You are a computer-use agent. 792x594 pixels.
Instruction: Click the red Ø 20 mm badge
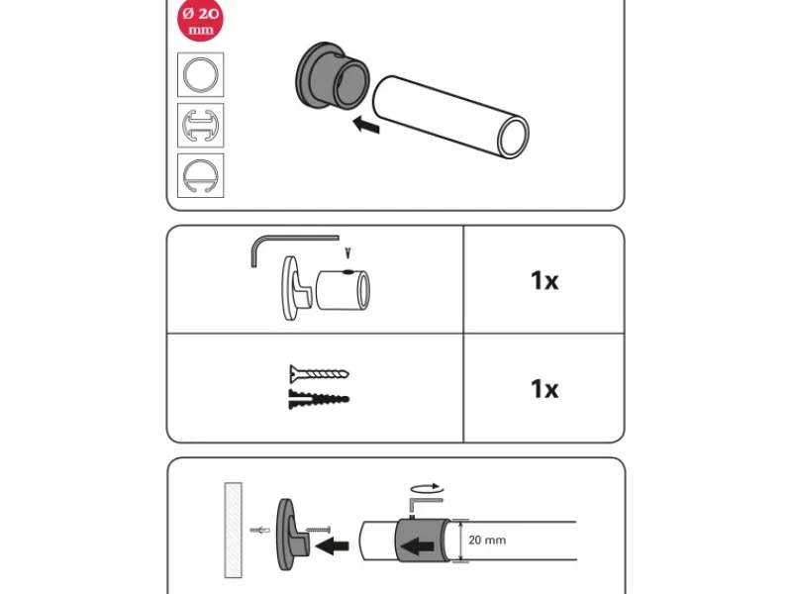(201, 19)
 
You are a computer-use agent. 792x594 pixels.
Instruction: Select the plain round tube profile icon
(201, 75)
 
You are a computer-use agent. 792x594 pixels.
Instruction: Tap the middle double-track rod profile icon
(201, 126)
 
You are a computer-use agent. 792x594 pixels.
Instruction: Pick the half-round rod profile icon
(201, 175)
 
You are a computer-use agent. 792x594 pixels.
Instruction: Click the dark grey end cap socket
(332, 75)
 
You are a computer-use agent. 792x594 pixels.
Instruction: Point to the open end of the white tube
(513, 137)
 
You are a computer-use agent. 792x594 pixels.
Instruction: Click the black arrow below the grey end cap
(366, 125)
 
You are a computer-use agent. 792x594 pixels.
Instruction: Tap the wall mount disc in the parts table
(291, 288)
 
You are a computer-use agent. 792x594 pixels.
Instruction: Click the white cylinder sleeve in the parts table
(343, 289)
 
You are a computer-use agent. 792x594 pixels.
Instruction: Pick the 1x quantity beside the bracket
(544, 280)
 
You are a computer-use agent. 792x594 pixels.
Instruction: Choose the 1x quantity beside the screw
(544, 389)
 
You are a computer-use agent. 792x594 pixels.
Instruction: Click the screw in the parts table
(319, 374)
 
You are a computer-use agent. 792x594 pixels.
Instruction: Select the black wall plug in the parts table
(319, 399)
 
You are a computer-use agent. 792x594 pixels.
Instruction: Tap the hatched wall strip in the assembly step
(233, 530)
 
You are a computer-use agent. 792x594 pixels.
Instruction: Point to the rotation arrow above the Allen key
(428, 488)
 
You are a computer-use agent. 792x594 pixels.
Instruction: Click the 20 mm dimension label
(487, 540)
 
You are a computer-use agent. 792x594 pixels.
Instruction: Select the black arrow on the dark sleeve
(417, 546)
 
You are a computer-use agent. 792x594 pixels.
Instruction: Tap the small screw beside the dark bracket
(318, 530)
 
